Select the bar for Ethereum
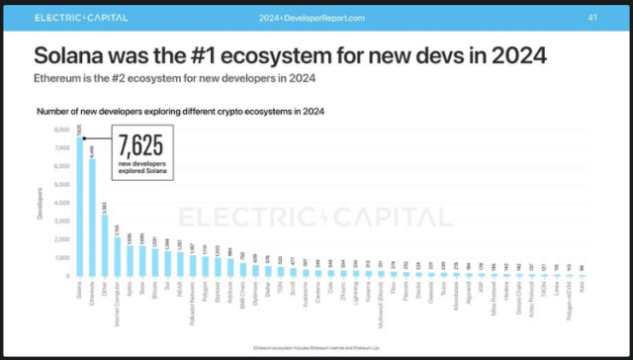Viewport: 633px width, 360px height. click(x=93, y=218)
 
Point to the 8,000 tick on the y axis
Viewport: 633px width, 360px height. click(x=61, y=130)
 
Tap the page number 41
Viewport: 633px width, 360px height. click(x=591, y=17)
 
